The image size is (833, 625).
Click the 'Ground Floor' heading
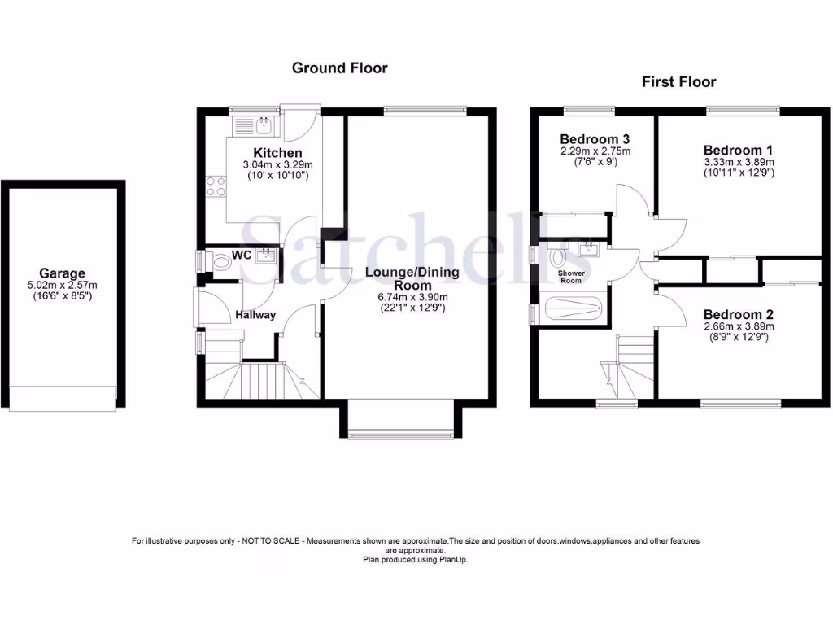coord(339,68)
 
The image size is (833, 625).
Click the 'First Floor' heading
coord(678,81)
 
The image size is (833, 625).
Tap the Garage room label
coord(62,273)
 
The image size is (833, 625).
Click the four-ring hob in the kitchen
coord(217,186)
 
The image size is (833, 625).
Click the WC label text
coord(242,255)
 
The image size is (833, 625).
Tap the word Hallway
coord(255,315)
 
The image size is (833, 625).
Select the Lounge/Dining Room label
coord(413,278)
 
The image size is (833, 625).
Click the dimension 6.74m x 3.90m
coord(413,297)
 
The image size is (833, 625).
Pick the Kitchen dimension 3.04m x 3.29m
coord(277,165)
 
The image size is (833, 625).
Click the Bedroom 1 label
coord(738,150)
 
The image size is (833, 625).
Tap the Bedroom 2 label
coord(738,314)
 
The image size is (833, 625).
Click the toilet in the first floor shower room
coord(558,257)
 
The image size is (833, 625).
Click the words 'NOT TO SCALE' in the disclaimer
coord(264,541)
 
